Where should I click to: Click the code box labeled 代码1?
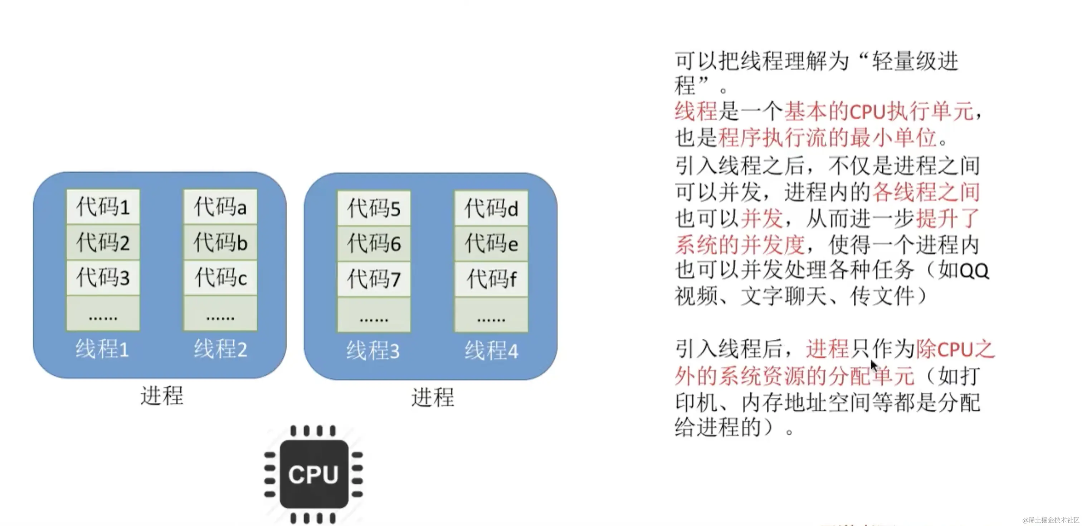click(x=103, y=207)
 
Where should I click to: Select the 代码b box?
click(x=220, y=243)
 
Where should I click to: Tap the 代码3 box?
click(x=103, y=277)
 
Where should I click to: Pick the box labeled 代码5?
click(x=374, y=209)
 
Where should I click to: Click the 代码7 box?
click(x=374, y=279)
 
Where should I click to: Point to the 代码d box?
click(x=491, y=209)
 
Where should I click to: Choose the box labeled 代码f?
click(x=491, y=279)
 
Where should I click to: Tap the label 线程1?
click(x=102, y=349)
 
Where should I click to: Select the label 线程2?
click(x=220, y=349)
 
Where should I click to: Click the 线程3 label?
click(x=373, y=351)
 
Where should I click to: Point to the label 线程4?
click(x=491, y=351)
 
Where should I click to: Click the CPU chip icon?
click(x=313, y=474)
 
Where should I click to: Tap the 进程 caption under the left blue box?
click(x=162, y=396)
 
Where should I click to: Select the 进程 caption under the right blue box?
click(x=433, y=397)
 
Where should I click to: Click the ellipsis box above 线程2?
click(x=220, y=314)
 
